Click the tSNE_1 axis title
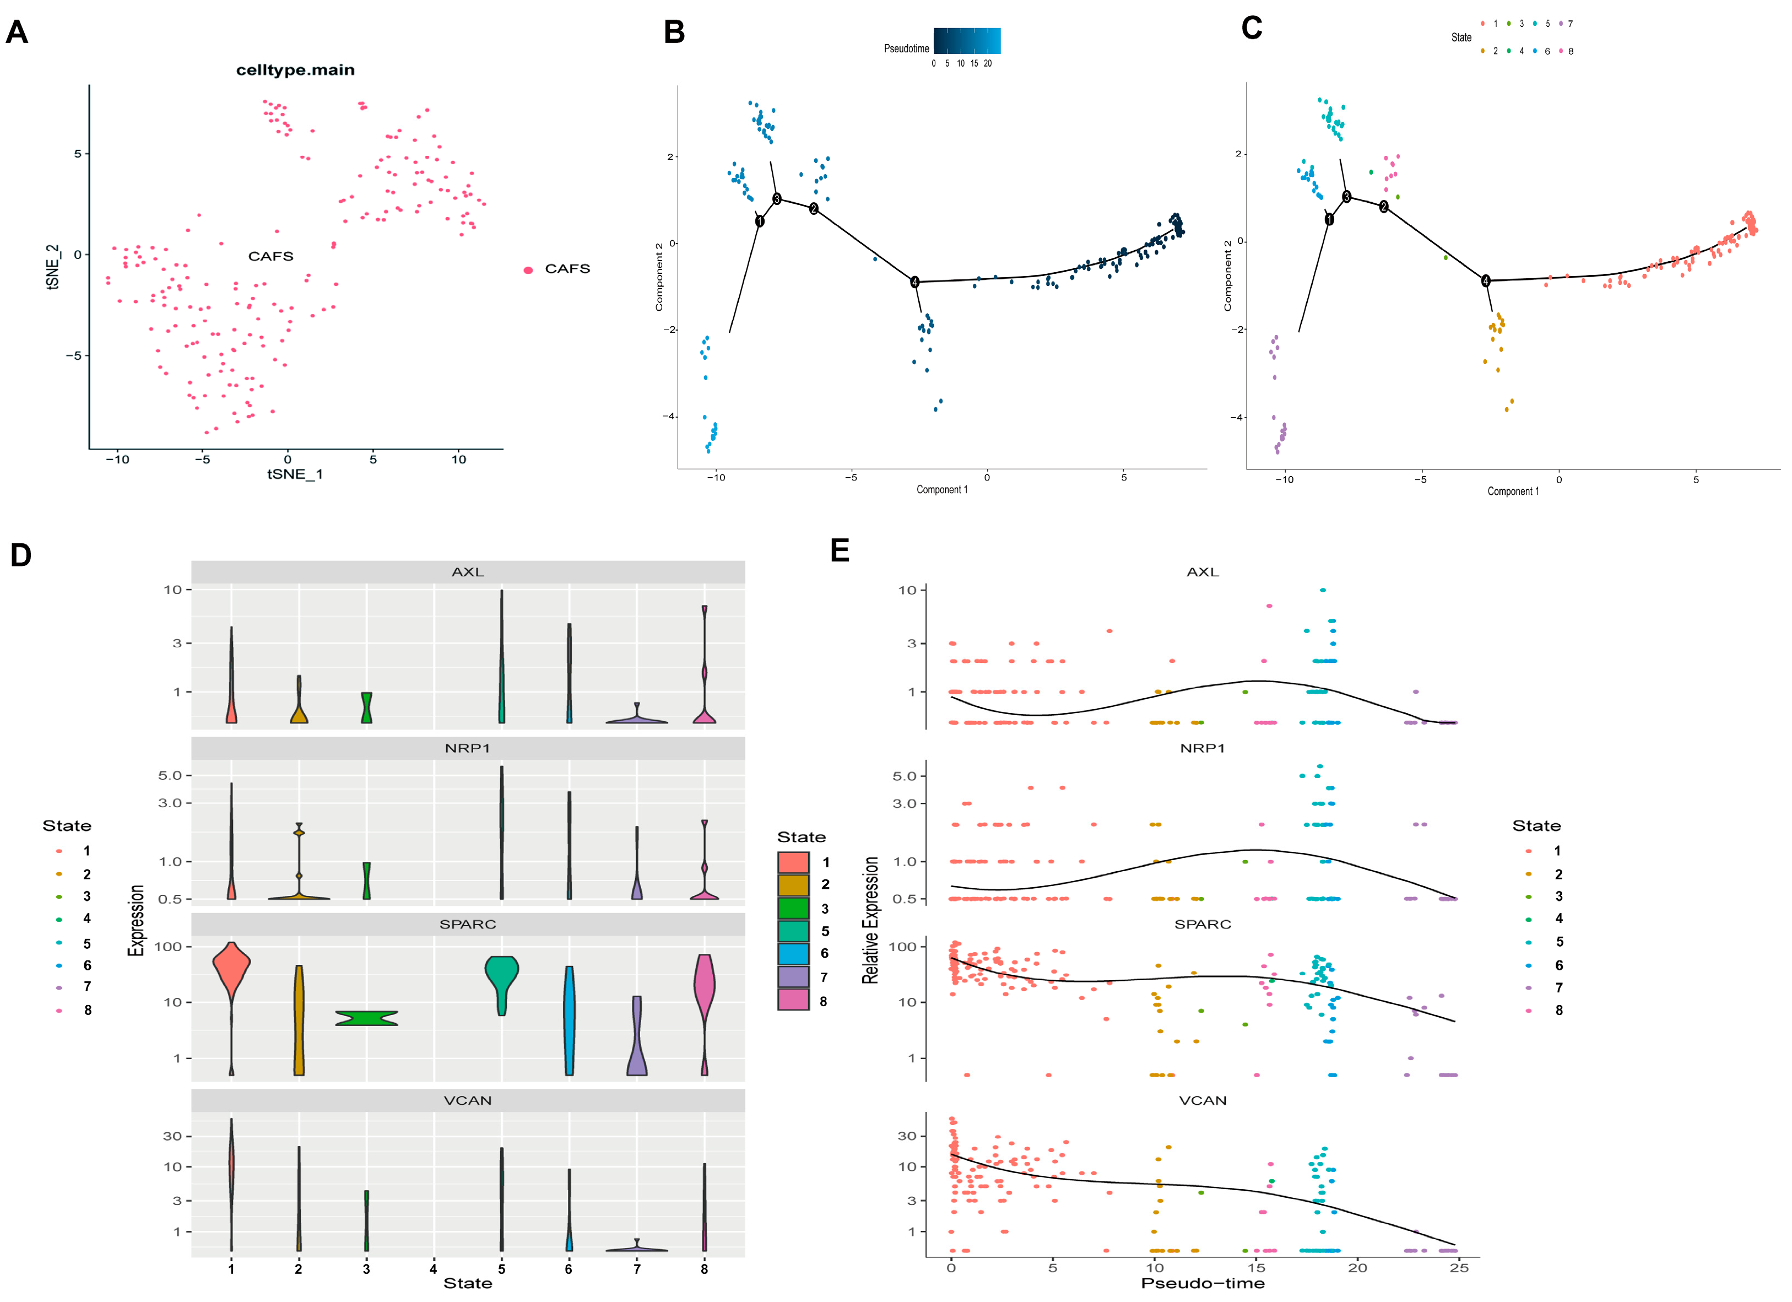295,474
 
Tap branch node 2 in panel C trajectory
1383,206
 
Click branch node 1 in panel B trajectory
759,221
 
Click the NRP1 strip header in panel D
468,748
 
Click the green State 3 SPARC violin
367,1018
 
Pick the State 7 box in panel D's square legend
793,977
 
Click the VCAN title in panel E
1203,1100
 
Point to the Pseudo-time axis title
1203,1283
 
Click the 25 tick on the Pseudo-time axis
1459,1267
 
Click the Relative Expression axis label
870,920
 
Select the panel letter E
840,550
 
